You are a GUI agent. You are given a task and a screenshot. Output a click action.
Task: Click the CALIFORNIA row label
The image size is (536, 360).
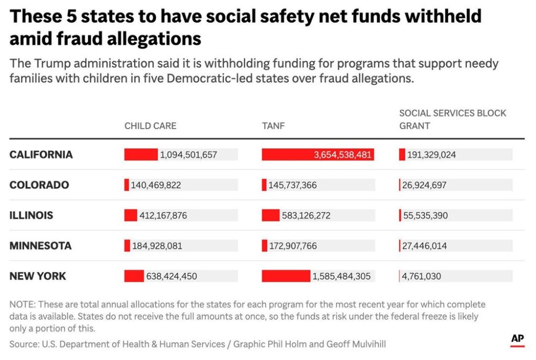point(41,155)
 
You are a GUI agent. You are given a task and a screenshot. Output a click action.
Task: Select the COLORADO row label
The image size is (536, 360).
point(39,185)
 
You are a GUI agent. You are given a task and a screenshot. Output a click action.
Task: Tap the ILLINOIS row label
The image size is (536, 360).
point(31,215)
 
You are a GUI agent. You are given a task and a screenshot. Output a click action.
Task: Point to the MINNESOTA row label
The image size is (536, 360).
point(40,246)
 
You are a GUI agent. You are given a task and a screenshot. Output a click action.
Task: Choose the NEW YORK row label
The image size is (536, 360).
point(38,276)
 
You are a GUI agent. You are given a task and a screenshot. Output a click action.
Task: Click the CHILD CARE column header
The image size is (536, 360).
point(150,126)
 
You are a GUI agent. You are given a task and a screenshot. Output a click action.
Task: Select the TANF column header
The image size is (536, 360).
point(273,126)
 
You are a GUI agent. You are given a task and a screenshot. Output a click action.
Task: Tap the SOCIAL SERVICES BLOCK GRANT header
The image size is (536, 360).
point(452,119)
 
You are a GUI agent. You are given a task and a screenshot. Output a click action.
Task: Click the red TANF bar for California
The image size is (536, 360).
point(317,155)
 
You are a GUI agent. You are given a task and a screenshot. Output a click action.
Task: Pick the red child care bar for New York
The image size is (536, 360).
point(134,276)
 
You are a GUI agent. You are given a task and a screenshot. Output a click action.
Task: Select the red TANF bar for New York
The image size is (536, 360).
point(286,276)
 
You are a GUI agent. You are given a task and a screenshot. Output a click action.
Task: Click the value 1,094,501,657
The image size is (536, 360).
point(189,155)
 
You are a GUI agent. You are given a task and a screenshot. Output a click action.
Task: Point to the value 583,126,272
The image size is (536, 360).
point(306,216)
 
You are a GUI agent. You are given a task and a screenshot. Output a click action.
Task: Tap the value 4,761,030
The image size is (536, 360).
point(422,276)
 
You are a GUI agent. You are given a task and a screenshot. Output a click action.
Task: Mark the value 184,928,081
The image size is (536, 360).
point(157,246)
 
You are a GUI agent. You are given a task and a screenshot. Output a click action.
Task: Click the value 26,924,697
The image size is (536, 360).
point(424,185)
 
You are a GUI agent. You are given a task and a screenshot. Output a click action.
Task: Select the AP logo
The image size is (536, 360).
point(517,339)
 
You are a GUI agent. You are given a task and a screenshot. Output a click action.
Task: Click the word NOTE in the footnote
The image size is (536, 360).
point(21,304)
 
